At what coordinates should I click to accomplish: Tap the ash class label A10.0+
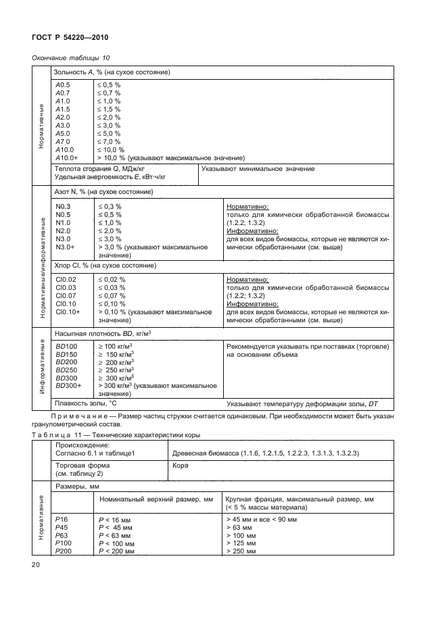click(x=66, y=157)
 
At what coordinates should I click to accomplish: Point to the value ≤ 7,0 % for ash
click(x=109, y=141)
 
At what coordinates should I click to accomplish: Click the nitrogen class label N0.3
click(x=63, y=206)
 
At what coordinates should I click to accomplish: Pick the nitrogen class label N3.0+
click(x=65, y=247)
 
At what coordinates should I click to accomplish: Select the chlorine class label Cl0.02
click(x=66, y=279)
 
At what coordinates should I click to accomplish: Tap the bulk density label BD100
click(x=66, y=345)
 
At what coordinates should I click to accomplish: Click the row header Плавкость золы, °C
click(x=81, y=403)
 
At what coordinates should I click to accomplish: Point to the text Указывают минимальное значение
click(x=258, y=168)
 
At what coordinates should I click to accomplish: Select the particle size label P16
click(x=62, y=519)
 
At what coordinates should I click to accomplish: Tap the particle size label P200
click(x=64, y=551)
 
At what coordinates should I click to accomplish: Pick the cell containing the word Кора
click(x=181, y=466)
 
